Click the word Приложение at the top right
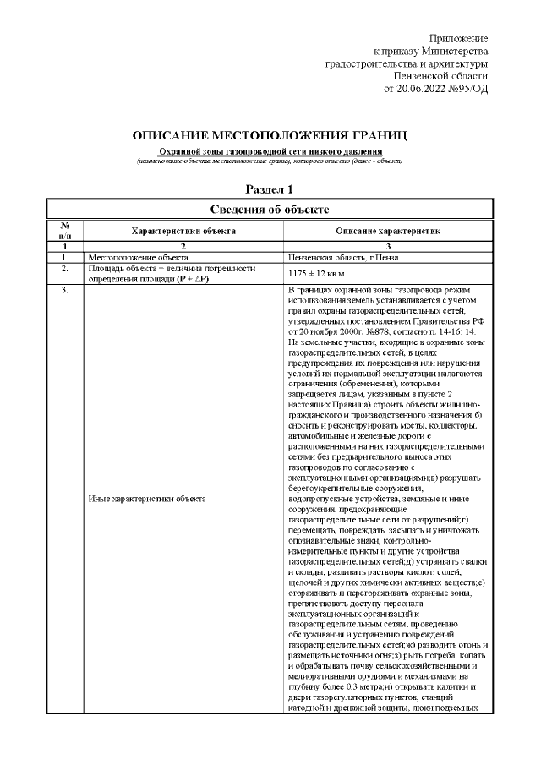pos(458,39)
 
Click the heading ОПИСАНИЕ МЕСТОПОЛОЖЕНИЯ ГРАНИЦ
pos(270,136)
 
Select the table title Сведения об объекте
pos(270,208)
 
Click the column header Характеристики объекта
pos(183,230)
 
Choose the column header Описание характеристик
pos(388,230)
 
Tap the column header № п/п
pos(65,230)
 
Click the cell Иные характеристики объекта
pos(147,498)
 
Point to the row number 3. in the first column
pos(64,292)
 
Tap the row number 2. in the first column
pos(64,268)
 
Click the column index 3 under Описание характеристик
pos(388,246)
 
